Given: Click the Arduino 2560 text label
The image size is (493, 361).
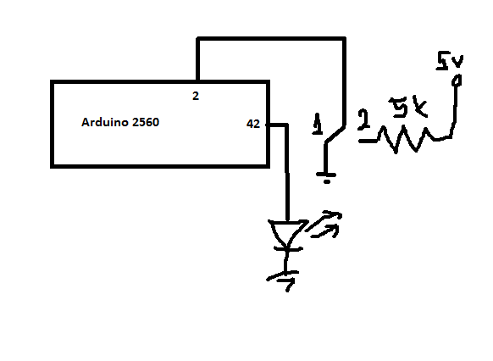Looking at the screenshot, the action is click(120, 122).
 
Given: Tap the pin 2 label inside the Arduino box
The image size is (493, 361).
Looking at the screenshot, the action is click(196, 96).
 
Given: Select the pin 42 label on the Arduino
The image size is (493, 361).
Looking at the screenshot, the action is click(253, 124).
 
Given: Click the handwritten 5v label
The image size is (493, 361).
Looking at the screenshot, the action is click(449, 61).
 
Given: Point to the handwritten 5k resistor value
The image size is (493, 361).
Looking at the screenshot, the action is click(408, 107).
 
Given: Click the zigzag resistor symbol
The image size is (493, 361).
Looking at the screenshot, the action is click(406, 140).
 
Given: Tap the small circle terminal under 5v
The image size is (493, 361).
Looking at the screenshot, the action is click(457, 81).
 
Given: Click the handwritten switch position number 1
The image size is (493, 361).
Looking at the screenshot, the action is click(318, 125).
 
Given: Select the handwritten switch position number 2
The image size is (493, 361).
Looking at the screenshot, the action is click(363, 119).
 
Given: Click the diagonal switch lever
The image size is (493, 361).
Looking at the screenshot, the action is click(335, 135).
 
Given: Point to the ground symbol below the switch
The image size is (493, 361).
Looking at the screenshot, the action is click(327, 177).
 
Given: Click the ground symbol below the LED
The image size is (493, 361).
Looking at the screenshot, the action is click(283, 280).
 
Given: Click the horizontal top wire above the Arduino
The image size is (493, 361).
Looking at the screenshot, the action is click(271, 39).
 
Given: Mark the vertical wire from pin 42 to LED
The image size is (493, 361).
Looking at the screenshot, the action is click(287, 172).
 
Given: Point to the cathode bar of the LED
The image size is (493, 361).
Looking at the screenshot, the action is click(288, 249).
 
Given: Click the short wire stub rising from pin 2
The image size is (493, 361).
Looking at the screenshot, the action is click(197, 60).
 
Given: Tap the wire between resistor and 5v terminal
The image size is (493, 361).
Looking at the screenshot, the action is click(454, 110).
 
